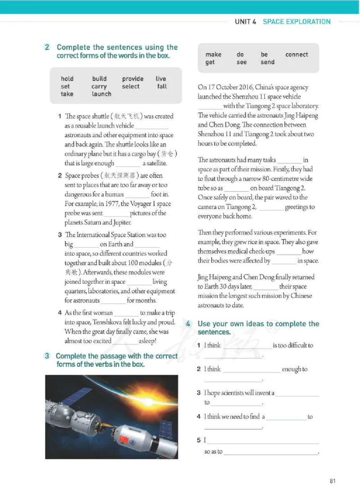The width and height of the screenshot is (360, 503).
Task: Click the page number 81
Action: click(x=332, y=481)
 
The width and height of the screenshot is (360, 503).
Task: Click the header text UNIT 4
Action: click(x=245, y=22)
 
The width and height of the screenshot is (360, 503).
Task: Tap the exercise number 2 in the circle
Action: click(x=47, y=47)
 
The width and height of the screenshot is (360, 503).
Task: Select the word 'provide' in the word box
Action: click(x=132, y=79)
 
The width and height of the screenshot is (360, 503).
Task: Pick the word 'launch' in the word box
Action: click(x=101, y=94)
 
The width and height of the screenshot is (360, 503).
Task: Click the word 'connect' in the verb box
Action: click(x=297, y=54)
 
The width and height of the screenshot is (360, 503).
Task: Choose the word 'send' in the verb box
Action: click(x=267, y=62)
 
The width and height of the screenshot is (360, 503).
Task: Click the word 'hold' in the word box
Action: click(x=67, y=79)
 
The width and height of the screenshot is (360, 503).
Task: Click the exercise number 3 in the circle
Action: click(x=47, y=356)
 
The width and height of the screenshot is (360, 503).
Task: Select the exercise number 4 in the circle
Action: click(x=188, y=324)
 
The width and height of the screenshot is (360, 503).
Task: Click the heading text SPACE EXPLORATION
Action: click(x=297, y=22)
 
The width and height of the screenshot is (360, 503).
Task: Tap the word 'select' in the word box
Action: click(x=130, y=86)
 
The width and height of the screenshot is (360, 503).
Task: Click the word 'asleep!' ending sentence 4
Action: click(x=147, y=341)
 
